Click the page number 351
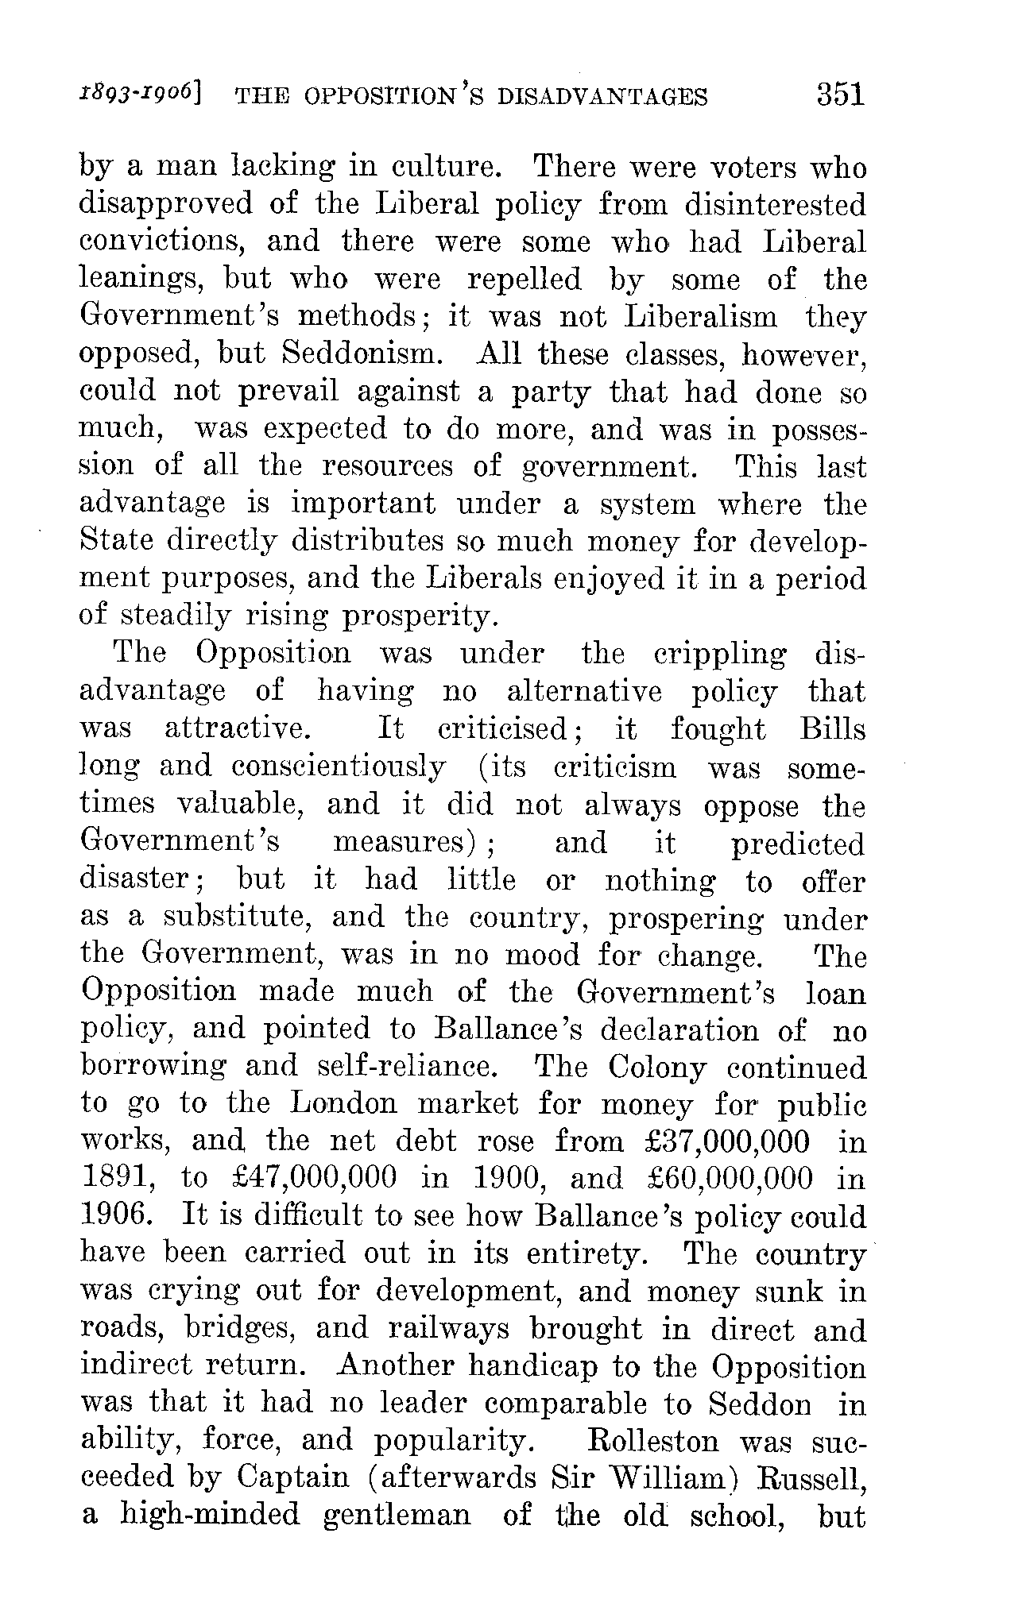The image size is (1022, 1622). (x=839, y=95)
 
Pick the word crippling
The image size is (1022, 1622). (x=719, y=655)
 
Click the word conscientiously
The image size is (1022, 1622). (x=338, y=767)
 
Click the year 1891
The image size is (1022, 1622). (x=115, y=1179)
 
